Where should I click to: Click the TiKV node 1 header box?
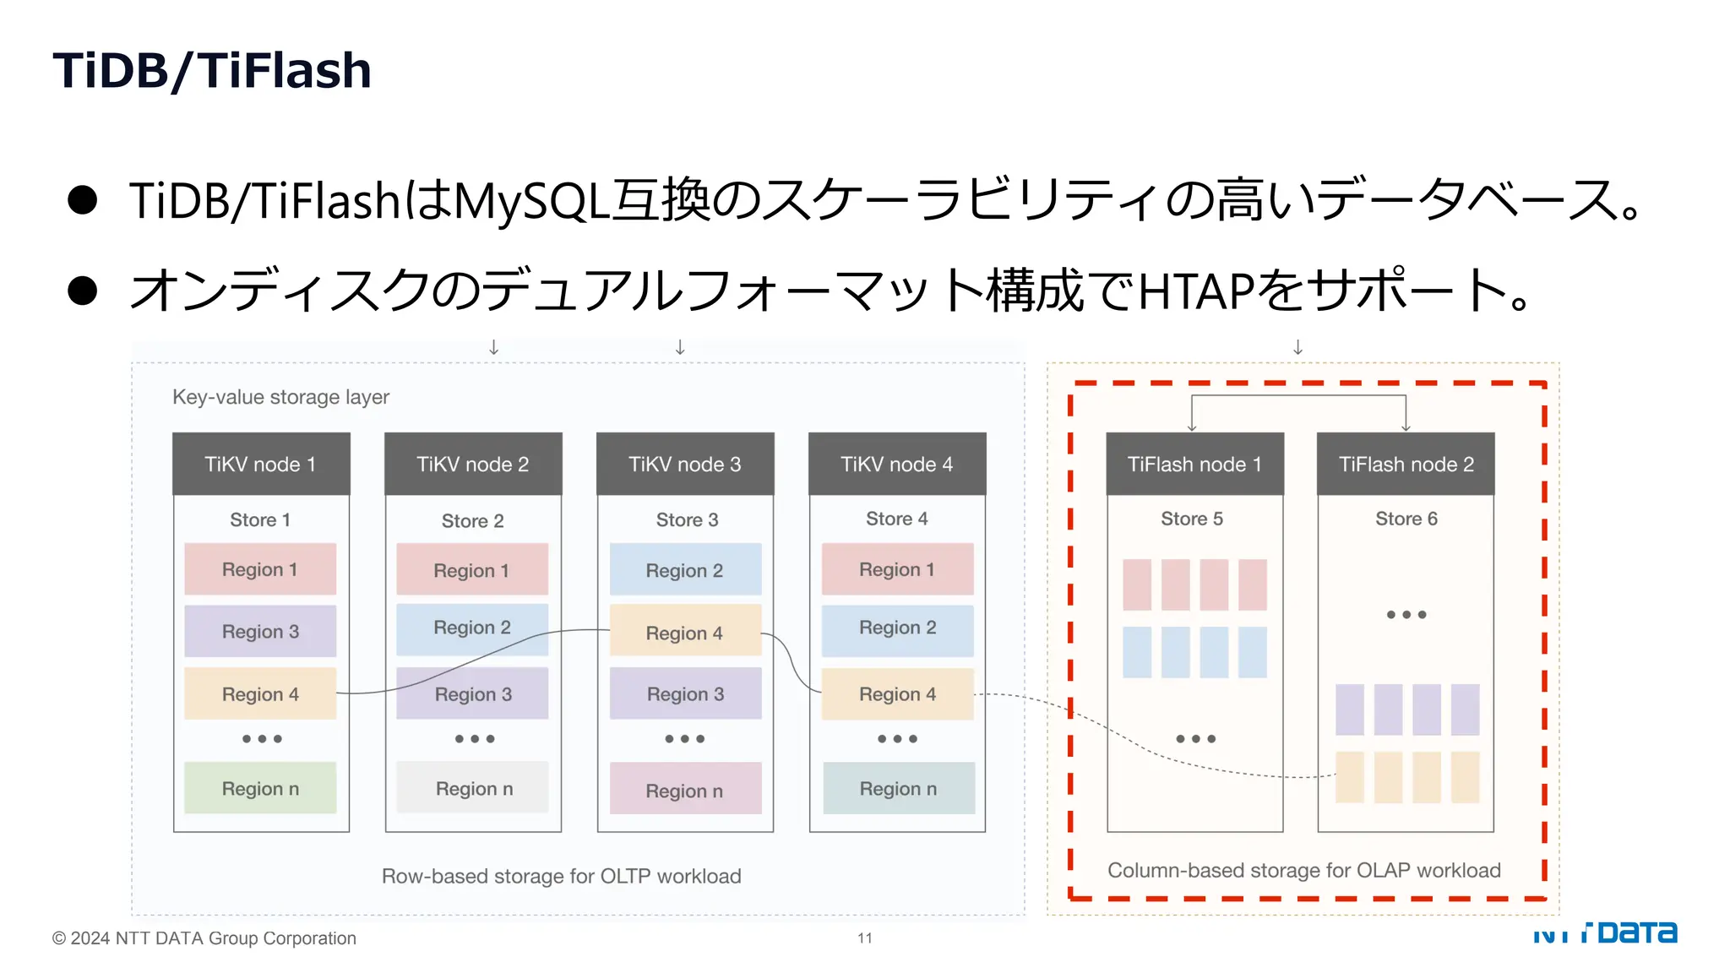261,464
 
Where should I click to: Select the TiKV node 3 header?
685,464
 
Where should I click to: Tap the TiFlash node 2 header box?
1406,464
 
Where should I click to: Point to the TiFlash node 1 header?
1194,464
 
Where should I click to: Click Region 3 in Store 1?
260,631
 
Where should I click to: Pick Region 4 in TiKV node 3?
685,633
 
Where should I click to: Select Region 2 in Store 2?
472,628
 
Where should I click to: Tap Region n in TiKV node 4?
898,788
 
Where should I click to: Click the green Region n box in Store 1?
260,788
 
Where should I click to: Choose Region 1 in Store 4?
897,569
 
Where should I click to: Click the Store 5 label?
1191,519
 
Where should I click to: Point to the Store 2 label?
472,520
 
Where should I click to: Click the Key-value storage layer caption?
280,397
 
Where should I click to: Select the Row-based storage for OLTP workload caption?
561,876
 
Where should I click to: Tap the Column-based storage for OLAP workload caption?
1303,870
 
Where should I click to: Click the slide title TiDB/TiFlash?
212,70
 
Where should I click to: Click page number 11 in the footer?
865,938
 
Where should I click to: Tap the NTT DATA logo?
1605,932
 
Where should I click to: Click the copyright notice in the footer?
204,938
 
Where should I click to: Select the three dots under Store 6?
1406,615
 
